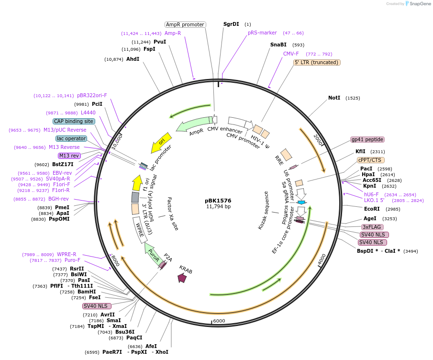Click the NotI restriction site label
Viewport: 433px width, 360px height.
tap(334, 98)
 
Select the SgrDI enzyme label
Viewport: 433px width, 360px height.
tap(231, 24)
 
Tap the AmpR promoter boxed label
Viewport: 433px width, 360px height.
tap(185, 24)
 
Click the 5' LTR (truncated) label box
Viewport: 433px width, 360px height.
tap(316, 62)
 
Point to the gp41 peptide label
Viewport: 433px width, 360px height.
tap(367, 139)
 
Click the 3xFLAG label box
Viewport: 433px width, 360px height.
tap(372, 227)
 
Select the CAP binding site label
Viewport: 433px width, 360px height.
tap(74, 121)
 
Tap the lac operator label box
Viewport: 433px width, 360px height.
tap(72, 138)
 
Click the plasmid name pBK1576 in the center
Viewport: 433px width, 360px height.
tap(218, 201)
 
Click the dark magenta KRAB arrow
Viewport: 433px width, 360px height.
tap(182, 277)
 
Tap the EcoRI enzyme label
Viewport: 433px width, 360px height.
tap(372, 209)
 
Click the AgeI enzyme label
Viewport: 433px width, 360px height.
tap(370, 218)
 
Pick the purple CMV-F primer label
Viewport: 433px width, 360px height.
tap(291, 54)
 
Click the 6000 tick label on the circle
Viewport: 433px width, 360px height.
tap(219, 321)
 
